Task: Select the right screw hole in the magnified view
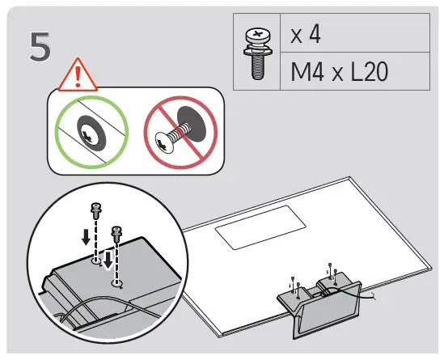pos(118,283)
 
